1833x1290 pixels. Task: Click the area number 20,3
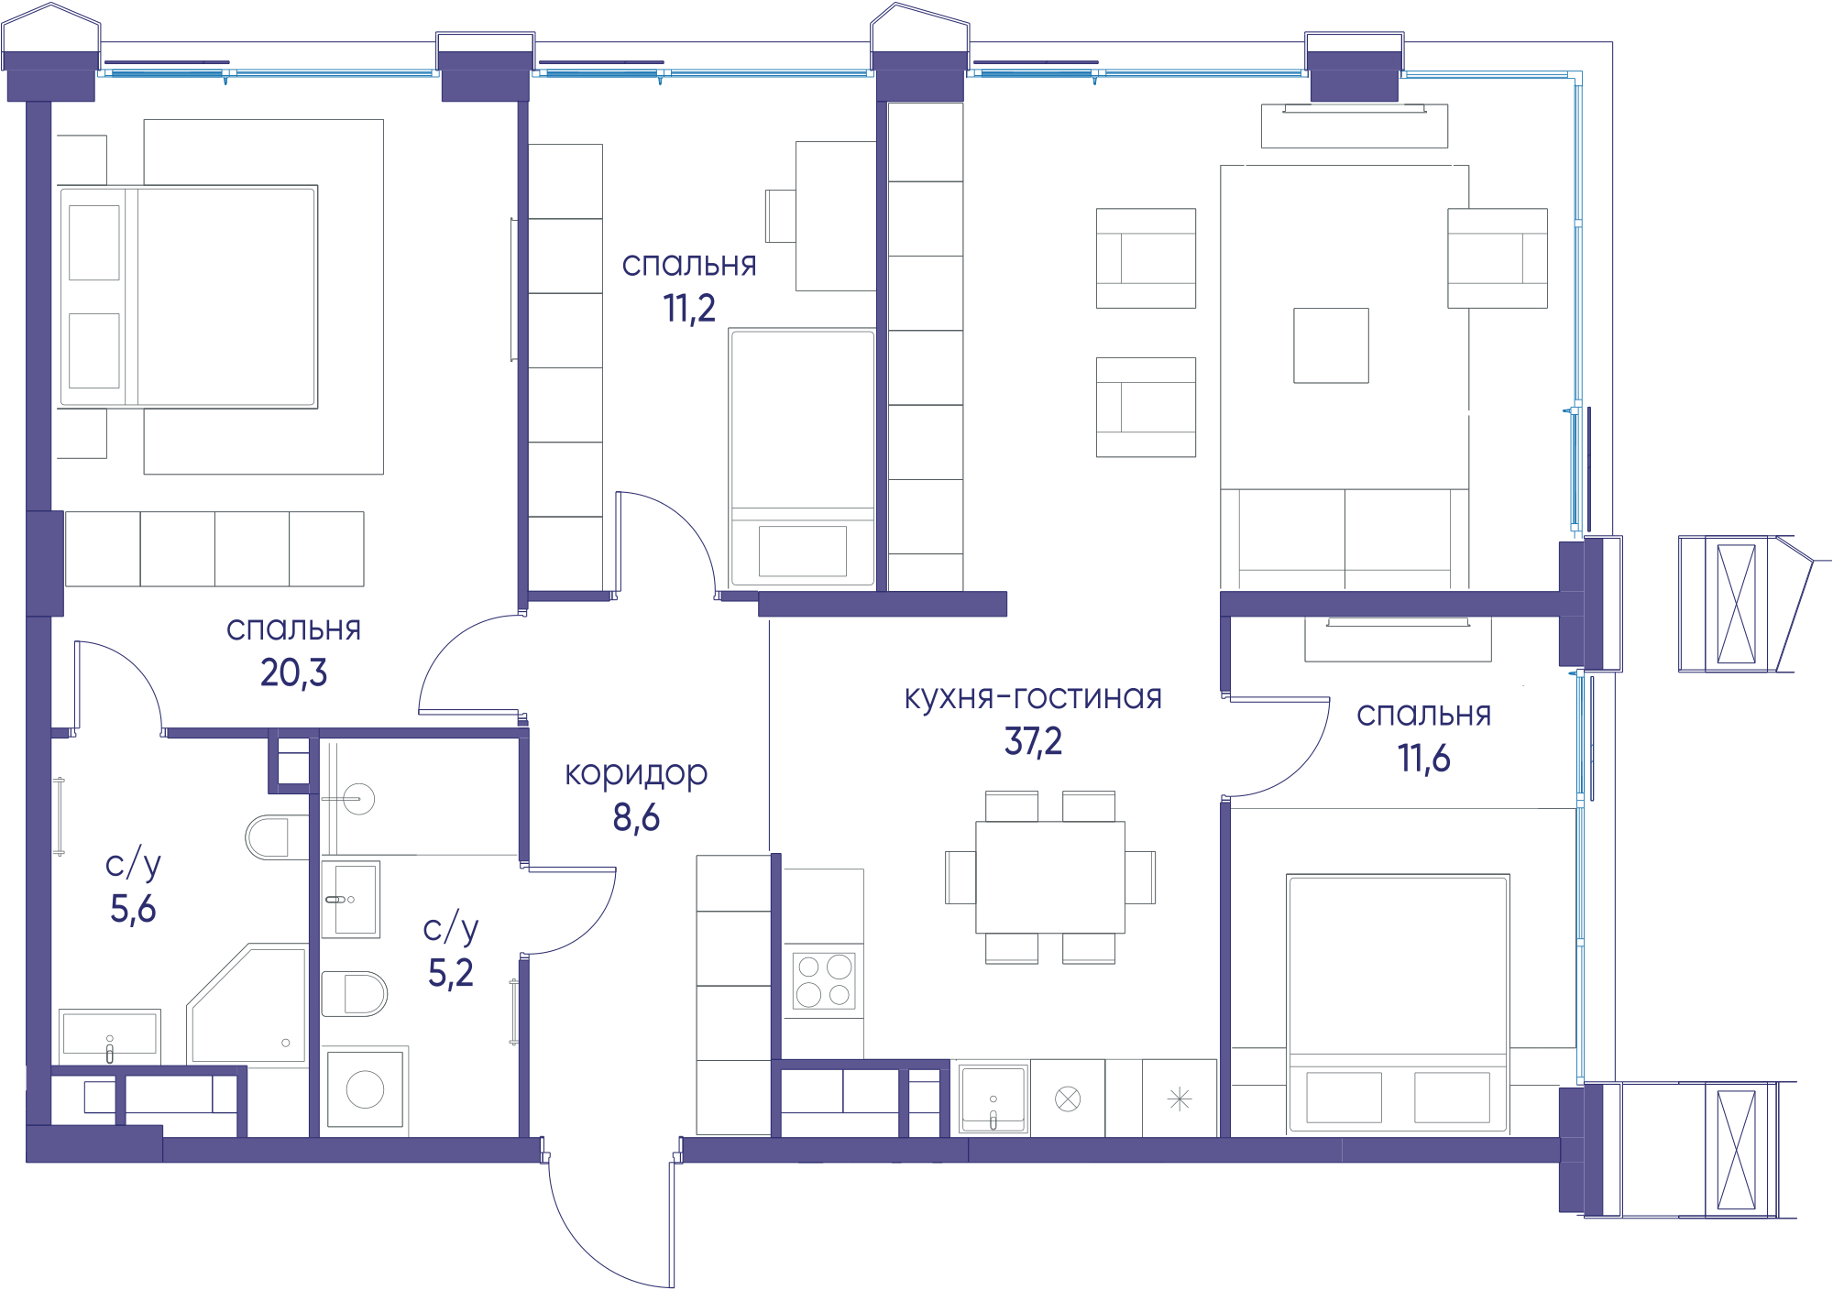tap(293, 672)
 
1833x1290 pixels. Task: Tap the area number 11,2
tap(689, 309)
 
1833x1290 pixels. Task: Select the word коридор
tap(636, 774)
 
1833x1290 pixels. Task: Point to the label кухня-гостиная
tap(1033, 697)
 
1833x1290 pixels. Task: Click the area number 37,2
tap(1033, 741)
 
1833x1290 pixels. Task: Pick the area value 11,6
tap(1423, 759)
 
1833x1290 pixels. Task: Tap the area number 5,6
tap(133, 909)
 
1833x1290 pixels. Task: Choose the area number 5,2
tap(451, 973)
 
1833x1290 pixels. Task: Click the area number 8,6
tap(636, 817)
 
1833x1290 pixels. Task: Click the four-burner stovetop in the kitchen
tap(824, 980)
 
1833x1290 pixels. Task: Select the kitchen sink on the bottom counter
tap(993, 1099)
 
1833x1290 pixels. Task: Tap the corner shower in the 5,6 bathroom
tap(247, 1004)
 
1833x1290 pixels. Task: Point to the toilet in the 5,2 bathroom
tap(355, 994)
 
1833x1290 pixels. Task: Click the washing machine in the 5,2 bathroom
tap(365, 1090)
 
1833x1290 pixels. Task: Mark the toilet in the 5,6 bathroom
tap(277, 837)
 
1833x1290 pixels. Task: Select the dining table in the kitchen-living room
tap(1050, 878)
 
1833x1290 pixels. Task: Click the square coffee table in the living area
tap(1331, 345)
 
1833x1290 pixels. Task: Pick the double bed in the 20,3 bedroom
tap(189, 297)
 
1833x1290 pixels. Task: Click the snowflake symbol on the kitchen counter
tap(1180, 1099)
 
